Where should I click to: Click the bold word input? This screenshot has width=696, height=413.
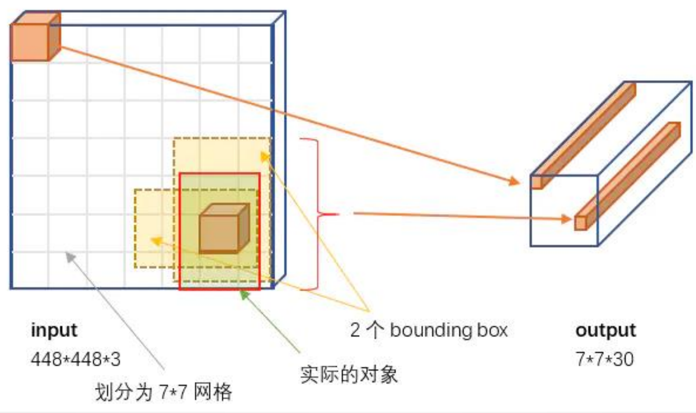pos(54,330)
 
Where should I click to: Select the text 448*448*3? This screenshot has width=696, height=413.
pos(75,359)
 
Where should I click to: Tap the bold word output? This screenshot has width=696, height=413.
pos(605,330)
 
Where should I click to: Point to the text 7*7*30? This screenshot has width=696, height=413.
pos(604,359)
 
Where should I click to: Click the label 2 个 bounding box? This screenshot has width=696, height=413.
pos(429,330)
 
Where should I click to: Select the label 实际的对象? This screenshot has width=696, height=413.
pos(349,375)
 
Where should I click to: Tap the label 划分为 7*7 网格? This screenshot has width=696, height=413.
pos(163,392)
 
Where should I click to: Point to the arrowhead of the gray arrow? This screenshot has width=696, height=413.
pos(70,257)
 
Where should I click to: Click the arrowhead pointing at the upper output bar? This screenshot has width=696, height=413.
pos(514,181)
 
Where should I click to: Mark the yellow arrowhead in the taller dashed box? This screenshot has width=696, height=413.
pos(264,157)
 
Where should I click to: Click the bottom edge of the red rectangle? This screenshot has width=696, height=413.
pos(219,289)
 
